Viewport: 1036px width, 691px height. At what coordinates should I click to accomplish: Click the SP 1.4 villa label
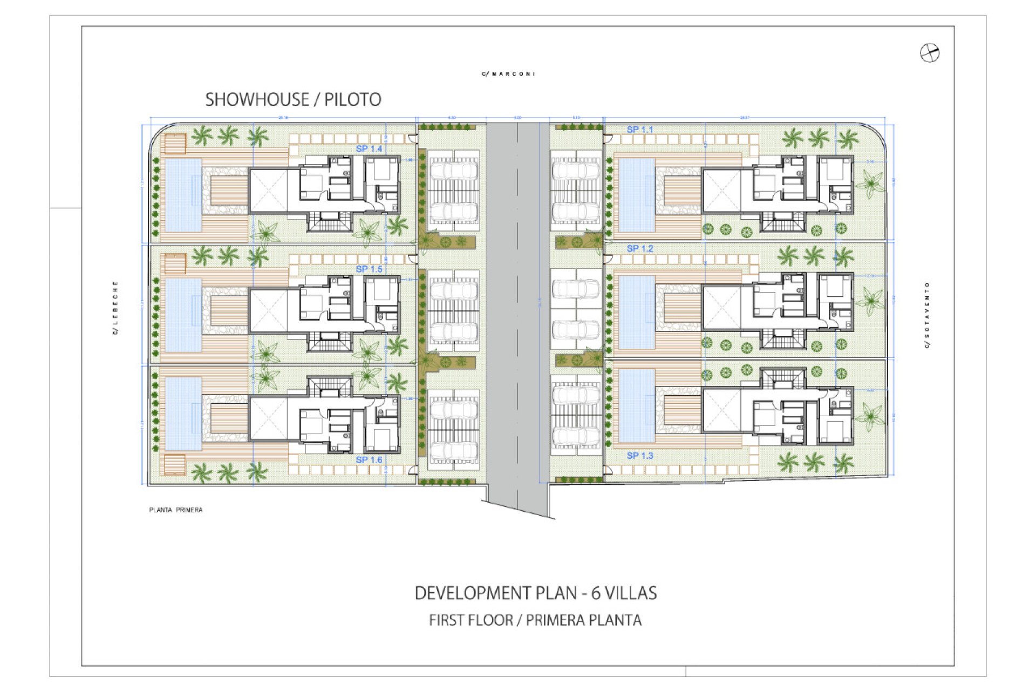(x=369, y=148)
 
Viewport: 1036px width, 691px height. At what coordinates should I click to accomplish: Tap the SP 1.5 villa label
(x=369, y=269)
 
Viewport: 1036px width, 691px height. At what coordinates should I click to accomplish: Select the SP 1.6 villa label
(x=369, y=459)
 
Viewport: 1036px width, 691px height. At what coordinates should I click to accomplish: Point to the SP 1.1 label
(x=639, y=130)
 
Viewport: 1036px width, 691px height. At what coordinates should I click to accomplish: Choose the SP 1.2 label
(x=639, y=248)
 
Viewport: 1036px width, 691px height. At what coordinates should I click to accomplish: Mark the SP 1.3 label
(x=639, y=456)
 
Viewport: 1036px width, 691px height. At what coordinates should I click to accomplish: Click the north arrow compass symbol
(x=929, y=53)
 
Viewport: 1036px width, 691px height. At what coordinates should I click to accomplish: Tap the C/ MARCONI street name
(x=508, y=74)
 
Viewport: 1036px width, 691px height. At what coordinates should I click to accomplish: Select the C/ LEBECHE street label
(x=115, y=308)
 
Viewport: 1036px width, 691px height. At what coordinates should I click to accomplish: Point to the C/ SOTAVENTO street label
(x=927, y=315)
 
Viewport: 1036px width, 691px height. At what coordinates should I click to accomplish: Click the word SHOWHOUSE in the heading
(x=257, y=99)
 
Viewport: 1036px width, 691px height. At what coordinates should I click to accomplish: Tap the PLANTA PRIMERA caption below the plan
(x=175, y=510)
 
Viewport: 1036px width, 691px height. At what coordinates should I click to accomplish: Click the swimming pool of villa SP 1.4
(x=183, y=194)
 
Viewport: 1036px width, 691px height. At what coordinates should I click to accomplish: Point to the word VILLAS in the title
(x=630, y=593)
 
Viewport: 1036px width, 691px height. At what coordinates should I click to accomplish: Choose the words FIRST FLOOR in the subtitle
(x=471, y=620)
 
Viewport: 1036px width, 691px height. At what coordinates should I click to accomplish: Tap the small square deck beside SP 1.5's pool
(x=175, y=263)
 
